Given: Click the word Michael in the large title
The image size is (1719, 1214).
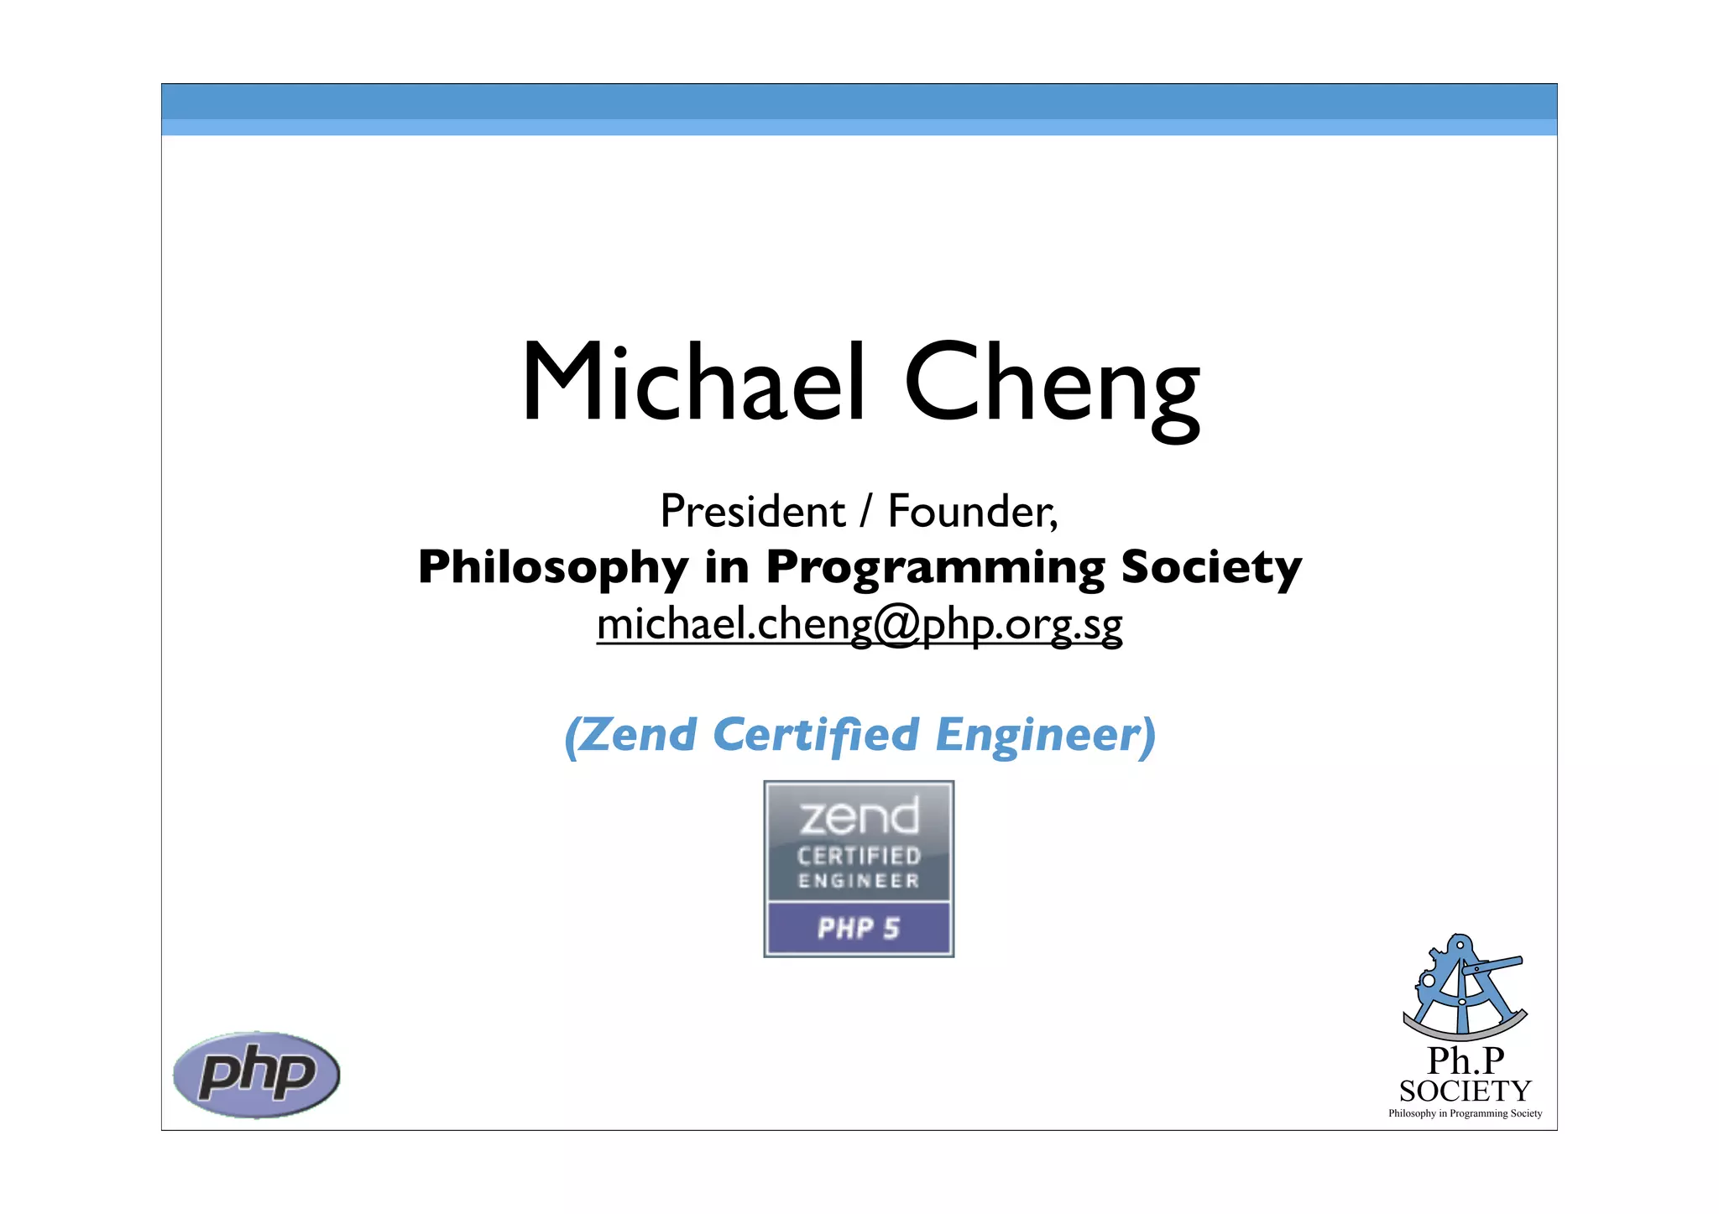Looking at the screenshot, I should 693,383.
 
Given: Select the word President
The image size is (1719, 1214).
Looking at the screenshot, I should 752,511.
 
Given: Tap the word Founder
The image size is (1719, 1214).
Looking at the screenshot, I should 972,511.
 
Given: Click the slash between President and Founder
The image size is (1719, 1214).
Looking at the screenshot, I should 866,511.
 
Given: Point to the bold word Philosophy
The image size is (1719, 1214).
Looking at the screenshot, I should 552,568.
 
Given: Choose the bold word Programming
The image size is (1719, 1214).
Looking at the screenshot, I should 936,568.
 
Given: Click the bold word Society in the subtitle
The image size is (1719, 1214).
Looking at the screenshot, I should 1210,568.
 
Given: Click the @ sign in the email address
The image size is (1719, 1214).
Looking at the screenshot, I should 897,625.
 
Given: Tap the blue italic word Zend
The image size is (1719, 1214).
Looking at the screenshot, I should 638,735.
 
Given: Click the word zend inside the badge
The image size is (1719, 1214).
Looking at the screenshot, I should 859,817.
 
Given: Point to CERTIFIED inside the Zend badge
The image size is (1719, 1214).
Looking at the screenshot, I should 859,856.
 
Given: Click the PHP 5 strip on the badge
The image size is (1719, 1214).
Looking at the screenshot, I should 859,928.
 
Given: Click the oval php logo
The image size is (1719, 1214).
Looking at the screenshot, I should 256,1074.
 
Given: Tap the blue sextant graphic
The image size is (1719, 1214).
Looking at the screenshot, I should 1464,987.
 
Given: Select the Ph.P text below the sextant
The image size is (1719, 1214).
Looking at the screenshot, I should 1466,1061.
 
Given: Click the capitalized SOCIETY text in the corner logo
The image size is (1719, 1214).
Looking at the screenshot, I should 1465,1092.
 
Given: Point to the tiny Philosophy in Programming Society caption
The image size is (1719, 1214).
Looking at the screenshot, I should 1465,1113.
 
